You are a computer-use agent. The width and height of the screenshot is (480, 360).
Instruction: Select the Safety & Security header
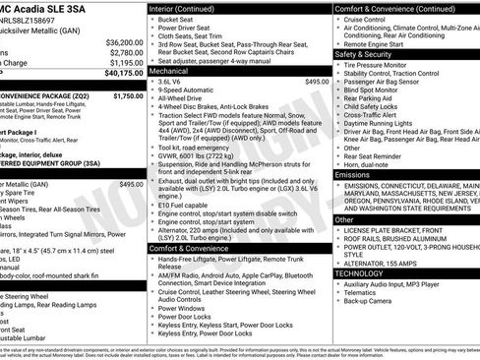coord(363,54)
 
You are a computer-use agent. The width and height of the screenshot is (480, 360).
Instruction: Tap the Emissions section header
coord(352,174)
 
